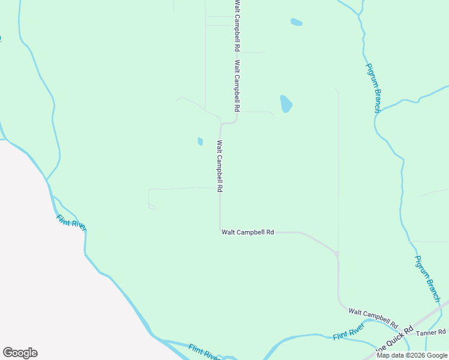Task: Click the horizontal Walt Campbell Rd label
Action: point(247,232)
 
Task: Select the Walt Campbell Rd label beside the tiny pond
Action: point(220,166)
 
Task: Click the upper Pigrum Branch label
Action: point(373,88)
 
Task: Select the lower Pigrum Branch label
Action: point(428,279)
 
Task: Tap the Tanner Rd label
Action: point(432,332)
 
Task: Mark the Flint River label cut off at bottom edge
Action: point(204,352)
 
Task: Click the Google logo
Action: point(20,353)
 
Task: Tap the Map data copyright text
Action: point(412,355)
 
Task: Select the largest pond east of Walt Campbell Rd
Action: point(286,104)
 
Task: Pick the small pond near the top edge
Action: point(296,22)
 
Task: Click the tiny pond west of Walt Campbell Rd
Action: point(200,142)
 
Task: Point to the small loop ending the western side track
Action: point(152,206)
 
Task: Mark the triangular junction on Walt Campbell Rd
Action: point(337,254)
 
